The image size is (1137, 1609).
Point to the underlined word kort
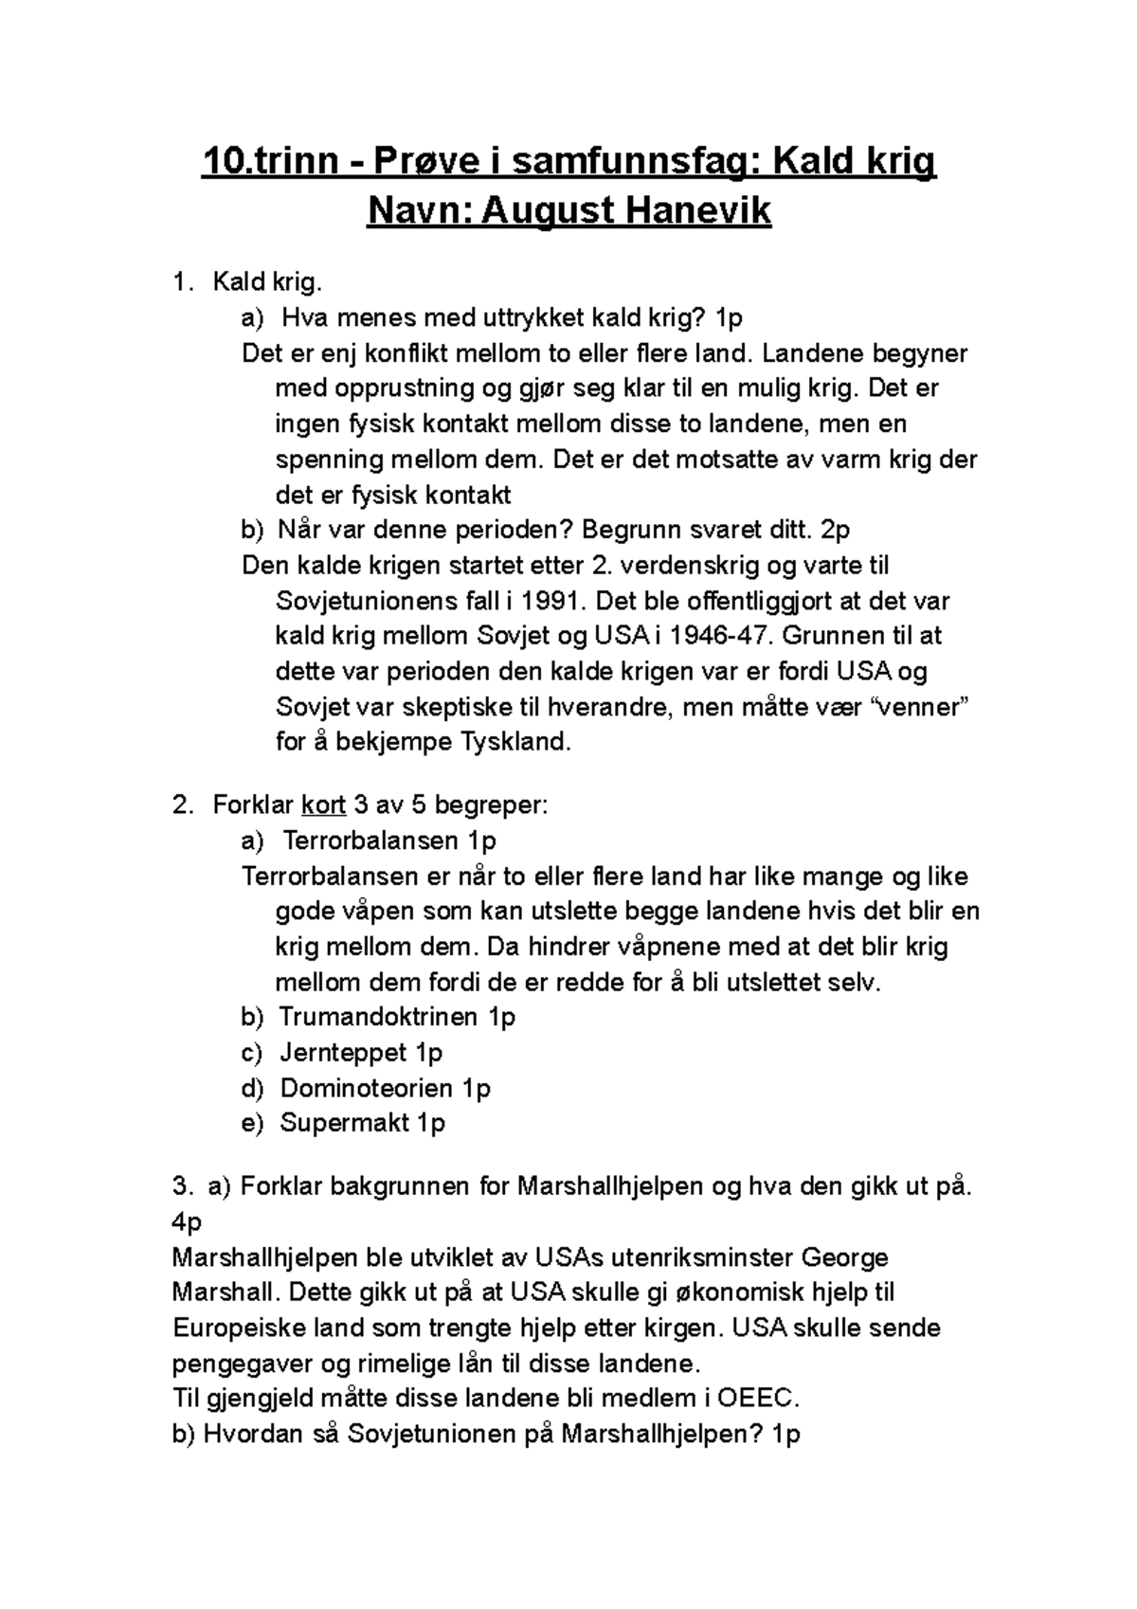pyautogui.click(x=323, y=805)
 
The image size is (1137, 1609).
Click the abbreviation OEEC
pyautogui.click(x=759, y=1399)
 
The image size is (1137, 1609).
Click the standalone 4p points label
pyautogui.click(x=188, y=1222)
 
